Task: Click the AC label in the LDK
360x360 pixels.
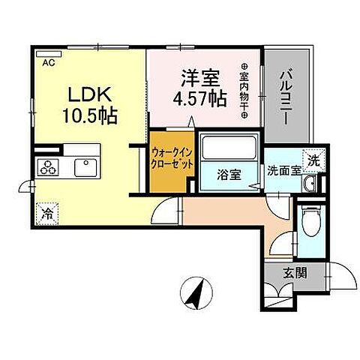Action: coord(48,63)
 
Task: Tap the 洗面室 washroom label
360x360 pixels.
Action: coord(284,169)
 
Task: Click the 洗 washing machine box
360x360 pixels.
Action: coord(315,159)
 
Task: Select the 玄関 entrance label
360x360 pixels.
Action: coord(294,274)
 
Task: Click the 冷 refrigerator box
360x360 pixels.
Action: coord(47,212)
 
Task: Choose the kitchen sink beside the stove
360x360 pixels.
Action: coord(87,166)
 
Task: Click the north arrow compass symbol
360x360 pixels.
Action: coord(197,292)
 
